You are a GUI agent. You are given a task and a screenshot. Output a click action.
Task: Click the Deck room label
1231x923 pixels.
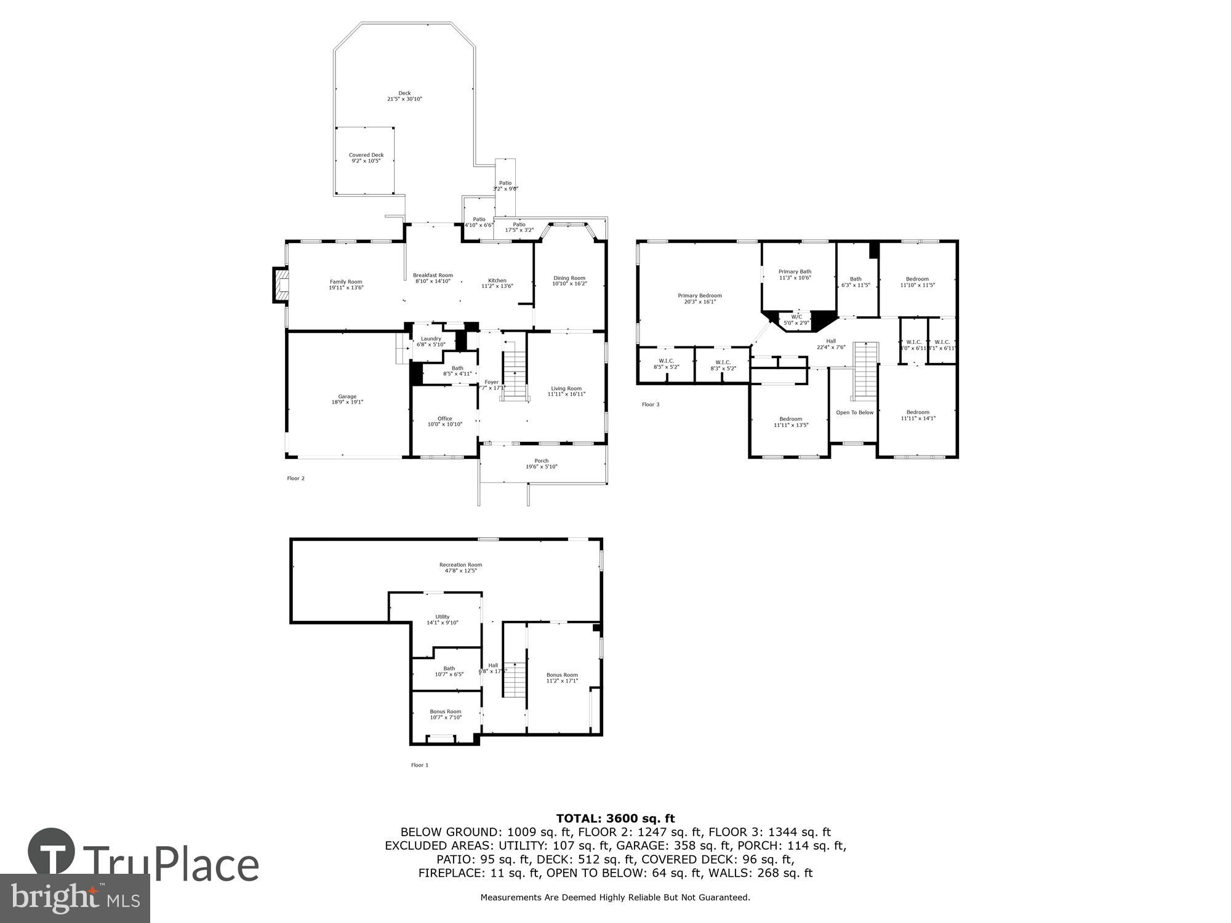(x=404, y=94)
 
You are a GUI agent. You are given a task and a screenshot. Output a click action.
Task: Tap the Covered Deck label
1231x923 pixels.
(x=366, y=155)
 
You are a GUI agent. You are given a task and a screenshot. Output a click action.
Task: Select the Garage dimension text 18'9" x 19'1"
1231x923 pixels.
(x=347, y=402)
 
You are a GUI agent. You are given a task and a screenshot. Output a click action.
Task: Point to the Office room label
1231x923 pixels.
(x=444, y=418)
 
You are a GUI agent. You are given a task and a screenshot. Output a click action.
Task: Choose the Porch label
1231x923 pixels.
(x=541, y=461)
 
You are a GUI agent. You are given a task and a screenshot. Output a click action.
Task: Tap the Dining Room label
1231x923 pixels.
(x=569, y=278)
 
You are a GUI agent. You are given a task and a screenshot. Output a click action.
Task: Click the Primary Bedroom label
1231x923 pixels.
(x=700, y=296)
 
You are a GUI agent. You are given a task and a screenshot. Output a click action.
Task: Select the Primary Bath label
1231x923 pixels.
(x=795, y=271)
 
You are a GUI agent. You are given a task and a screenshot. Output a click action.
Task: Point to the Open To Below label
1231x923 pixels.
(x=854, y=412)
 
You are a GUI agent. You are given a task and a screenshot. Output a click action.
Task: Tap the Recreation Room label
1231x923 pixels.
(x=460, y=565)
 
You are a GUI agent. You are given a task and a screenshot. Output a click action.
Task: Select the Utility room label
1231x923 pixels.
(x=443, y=617)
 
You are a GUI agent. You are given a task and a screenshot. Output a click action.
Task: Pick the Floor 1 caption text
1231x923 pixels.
(x=419, y=765)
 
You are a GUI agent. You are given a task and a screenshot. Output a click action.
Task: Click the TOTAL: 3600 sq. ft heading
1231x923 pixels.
(x=615, y=818)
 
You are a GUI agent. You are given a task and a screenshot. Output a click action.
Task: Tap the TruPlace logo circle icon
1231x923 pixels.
(x=52, y=852)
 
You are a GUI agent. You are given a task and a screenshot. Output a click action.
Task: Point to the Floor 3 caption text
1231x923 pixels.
(x=650, y=404)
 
